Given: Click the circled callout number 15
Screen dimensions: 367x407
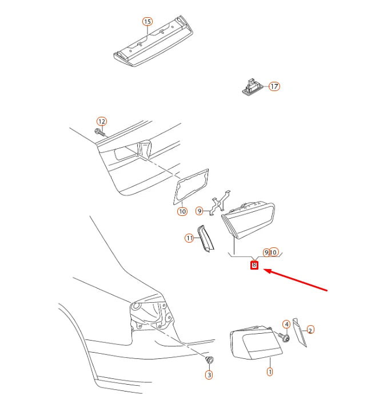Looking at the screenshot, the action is (x=147, y=22).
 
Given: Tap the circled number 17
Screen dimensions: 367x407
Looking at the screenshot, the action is (x=274, y=86).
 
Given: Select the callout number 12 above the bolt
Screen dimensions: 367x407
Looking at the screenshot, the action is (x=102, y=121).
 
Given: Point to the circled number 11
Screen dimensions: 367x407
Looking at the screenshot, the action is (x=189, y=238).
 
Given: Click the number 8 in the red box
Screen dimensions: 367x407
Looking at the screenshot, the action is (x=254, y=265).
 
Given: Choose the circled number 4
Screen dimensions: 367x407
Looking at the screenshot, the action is (x=286, y=324).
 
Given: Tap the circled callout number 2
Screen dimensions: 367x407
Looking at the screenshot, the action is (x=310, y=330).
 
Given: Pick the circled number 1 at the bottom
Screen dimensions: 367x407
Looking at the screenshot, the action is (x=270, y=372).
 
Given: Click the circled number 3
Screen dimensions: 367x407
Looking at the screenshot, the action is (x=209, y=375).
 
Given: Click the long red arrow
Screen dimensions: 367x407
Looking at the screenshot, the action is (x=296, y=280).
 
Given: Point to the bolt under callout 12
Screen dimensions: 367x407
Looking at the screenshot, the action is (x=100, y=132).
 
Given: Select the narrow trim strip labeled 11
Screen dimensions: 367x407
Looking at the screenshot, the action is (x=206, y=239).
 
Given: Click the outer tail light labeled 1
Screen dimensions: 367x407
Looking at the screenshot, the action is (x=256, y=343).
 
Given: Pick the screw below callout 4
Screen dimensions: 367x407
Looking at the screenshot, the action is (x=284, y=337).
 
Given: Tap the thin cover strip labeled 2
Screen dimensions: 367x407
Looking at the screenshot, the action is (x=300, y=332).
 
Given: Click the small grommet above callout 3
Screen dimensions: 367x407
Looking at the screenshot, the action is (x=209, y=359).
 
